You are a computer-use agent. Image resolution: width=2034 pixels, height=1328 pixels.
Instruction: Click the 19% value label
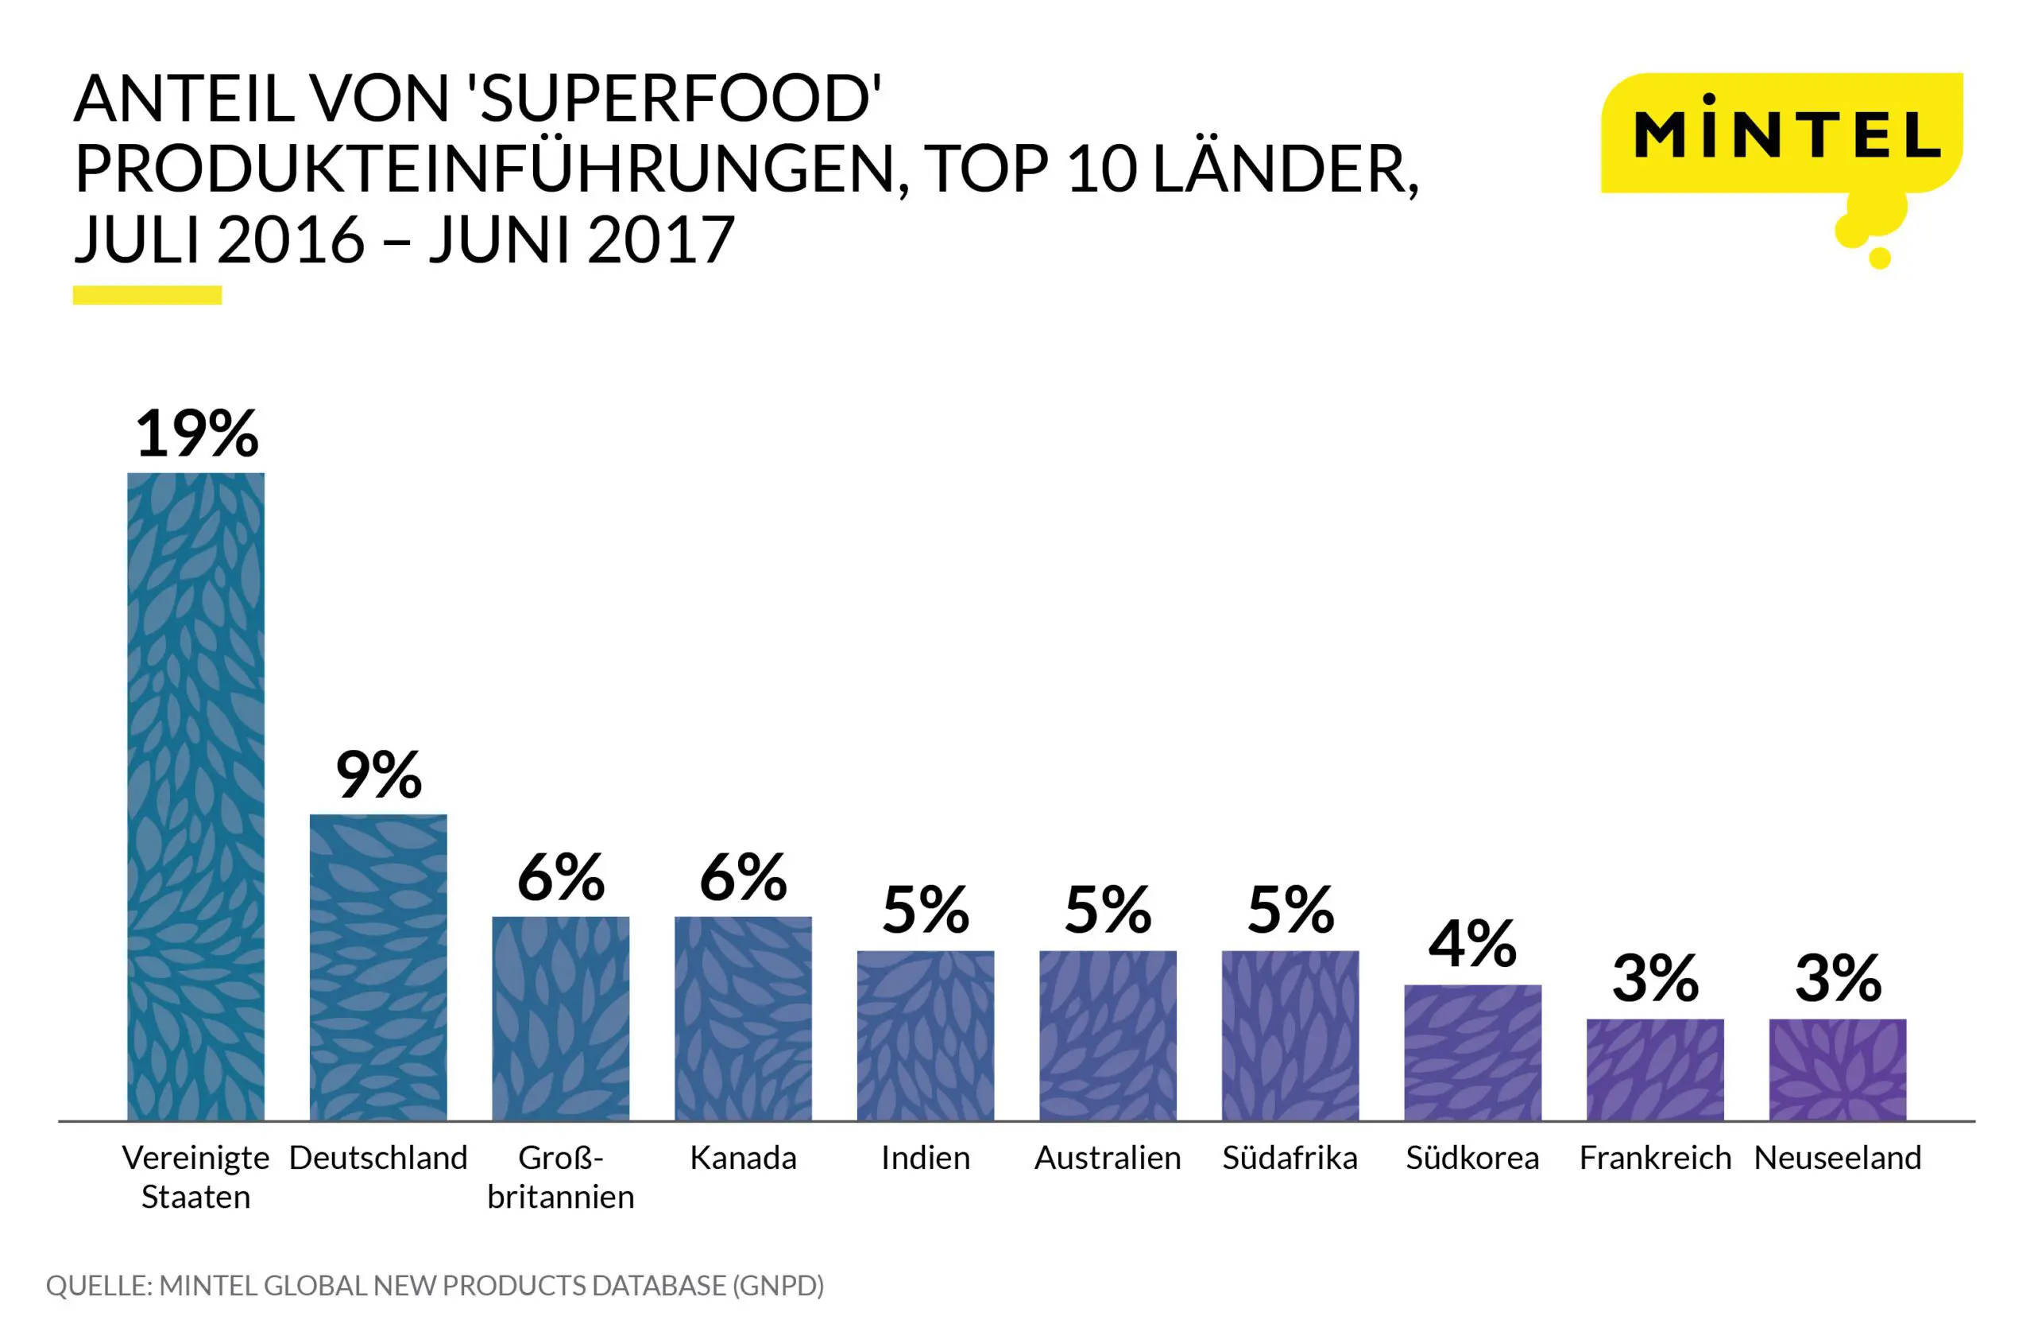196,433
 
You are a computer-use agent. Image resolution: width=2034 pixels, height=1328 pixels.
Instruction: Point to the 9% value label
379,775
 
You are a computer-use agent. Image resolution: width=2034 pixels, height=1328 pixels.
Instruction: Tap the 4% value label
1472,945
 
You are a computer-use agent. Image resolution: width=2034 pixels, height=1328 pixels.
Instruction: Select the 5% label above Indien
926,911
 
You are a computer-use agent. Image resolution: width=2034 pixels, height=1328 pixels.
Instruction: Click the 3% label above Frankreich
1655,979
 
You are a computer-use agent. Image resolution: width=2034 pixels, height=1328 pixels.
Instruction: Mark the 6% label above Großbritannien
561,877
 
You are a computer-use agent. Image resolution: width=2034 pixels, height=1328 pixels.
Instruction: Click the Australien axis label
1108,1158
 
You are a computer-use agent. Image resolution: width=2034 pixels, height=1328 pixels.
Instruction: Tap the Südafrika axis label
1290,1158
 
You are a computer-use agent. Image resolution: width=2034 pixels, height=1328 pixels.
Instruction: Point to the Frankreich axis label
1655,1158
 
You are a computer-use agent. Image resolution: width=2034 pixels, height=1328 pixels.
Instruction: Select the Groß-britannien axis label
561,1177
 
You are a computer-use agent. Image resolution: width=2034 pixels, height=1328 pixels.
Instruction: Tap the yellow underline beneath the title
147,295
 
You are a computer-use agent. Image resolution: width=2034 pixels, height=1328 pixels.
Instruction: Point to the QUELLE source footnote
434,1285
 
